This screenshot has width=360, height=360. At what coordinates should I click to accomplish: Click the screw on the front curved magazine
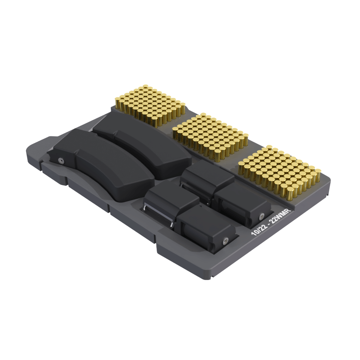click(x=61, y=160)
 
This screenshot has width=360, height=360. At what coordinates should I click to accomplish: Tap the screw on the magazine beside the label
click(x=262, y=216)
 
